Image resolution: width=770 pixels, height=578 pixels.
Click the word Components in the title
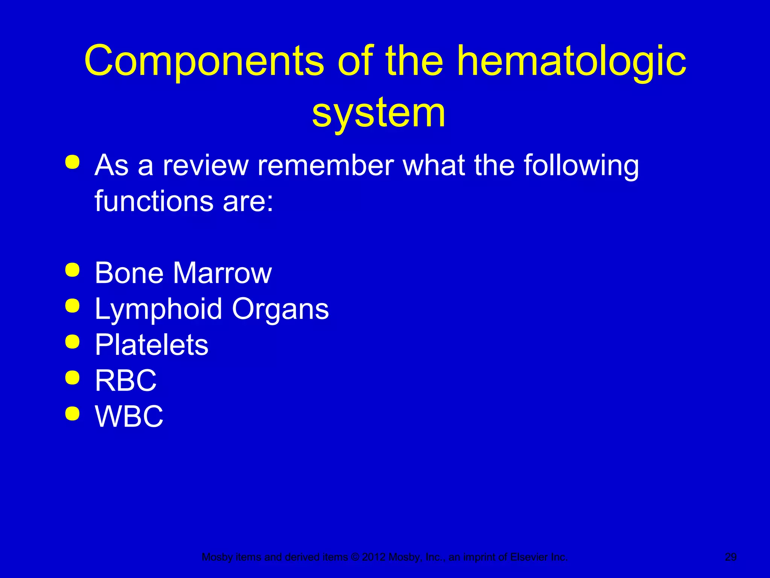point(203,61)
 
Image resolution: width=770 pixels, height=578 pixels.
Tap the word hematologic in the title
point(571,61)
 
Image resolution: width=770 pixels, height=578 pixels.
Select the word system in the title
point(379,113)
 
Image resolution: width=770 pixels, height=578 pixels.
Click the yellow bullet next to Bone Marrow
point(72,270)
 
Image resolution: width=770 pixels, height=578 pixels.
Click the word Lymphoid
point(158,309)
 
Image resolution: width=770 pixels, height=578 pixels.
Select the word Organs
point(280,309)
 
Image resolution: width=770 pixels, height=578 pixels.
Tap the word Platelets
point(152,345)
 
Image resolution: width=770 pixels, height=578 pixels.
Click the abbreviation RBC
point(126,380)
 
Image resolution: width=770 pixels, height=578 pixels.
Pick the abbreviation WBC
point(129,416)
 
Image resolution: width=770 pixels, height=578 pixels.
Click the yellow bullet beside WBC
point(72,414)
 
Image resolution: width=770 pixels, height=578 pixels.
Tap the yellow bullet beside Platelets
point(72,342)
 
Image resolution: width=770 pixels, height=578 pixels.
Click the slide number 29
point(731,557)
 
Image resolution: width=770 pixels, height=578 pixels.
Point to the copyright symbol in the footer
point(355,557)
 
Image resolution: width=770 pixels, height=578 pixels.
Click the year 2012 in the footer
point(374,557)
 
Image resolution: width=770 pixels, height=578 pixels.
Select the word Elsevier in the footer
point(528,557)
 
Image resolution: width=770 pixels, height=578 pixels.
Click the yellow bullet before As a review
point(72,162)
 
